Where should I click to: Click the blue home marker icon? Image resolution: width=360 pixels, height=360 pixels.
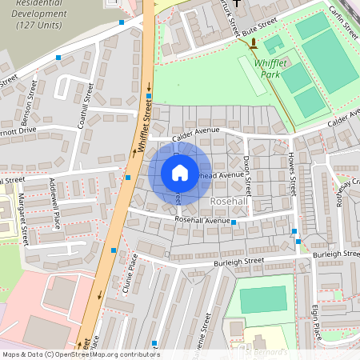[x=179, y=173]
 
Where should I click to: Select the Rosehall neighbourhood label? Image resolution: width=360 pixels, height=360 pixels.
[x=229, y=202]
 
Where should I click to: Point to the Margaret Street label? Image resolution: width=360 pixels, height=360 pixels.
[x=23, y=223]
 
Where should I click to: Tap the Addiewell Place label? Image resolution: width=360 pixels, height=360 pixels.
[x=55, y=203]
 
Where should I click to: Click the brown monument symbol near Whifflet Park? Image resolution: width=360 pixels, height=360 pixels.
[x=254, y=42]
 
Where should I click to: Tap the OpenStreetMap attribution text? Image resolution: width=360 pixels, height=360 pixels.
[x=81, y=354]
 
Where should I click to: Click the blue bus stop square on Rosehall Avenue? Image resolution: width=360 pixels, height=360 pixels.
[x=234, y=222]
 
